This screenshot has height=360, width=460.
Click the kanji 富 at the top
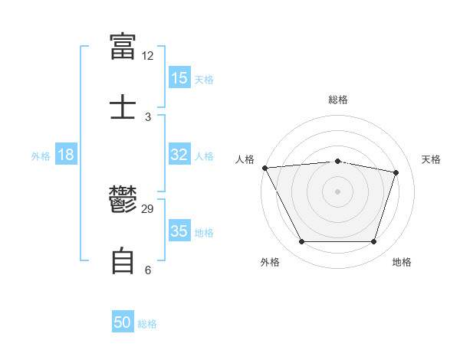click(x=123, y=46)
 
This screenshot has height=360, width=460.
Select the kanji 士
click(x=123, y=106)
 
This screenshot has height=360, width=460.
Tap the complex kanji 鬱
click(x=123, y=199)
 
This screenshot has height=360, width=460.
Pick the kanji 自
click(x=123, y=260)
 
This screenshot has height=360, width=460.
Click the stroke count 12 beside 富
click(x=147, y=56)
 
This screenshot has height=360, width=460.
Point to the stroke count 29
click(x=147, y=209)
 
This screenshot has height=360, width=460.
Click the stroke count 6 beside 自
click(x=148, y=270)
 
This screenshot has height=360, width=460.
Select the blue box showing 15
click(x=179, y=77)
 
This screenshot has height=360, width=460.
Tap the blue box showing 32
click(x=179, y=154)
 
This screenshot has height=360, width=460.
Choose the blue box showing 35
click(x=179, y=230)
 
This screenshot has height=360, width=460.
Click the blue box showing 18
click(x=66, y=154)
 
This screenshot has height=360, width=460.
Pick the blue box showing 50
click(x=123, y=321)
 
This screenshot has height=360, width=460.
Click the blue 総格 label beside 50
click(x=147, y=324)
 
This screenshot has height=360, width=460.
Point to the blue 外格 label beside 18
click(x=41, y=156)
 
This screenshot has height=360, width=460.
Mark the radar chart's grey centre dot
click(x=337, y=191)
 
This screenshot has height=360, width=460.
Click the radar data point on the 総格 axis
click(x=337, y=162)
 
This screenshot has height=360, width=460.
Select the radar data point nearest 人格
click(x=265, y=168)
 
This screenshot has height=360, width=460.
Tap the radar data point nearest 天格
click(x=396, y=172)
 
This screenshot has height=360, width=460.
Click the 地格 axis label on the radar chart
click(x=402, y=262)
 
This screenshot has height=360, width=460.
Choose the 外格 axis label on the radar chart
click(x=270, y=262)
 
